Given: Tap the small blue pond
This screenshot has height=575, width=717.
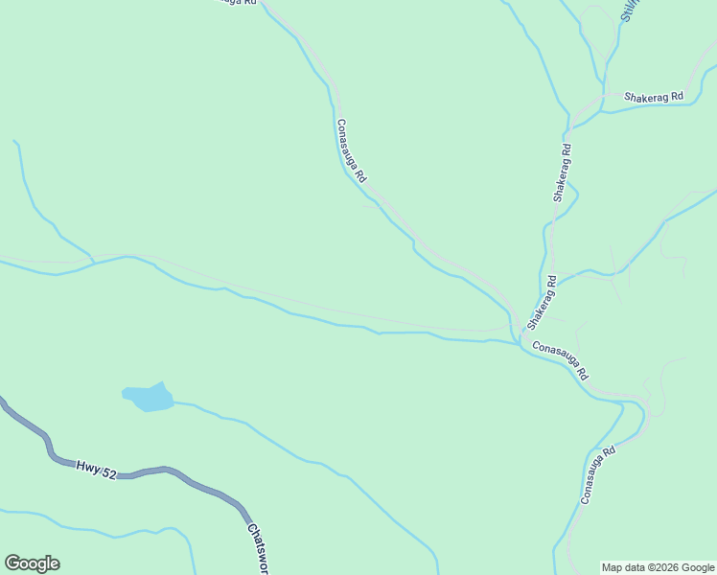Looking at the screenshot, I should [x=148, y=397].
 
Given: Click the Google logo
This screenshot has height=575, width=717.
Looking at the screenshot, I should [x=32, y=563].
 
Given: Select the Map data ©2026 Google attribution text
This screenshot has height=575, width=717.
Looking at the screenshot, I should [x=658, y=567].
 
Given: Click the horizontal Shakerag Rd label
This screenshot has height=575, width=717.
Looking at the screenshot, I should [x=653, y=97].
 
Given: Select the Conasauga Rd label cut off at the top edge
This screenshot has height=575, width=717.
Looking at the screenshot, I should [x=234, y=3].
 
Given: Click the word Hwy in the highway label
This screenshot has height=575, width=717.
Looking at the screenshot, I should [x=86, y=466].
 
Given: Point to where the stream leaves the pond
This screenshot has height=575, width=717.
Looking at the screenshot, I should [x=174, y=403].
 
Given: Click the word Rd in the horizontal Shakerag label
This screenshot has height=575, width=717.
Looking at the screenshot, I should [x=676, y=97].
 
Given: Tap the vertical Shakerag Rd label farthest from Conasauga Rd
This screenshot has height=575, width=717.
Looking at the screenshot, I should [x=562, y=172].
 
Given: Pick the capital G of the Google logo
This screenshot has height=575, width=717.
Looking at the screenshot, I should [x=12, y=563].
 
